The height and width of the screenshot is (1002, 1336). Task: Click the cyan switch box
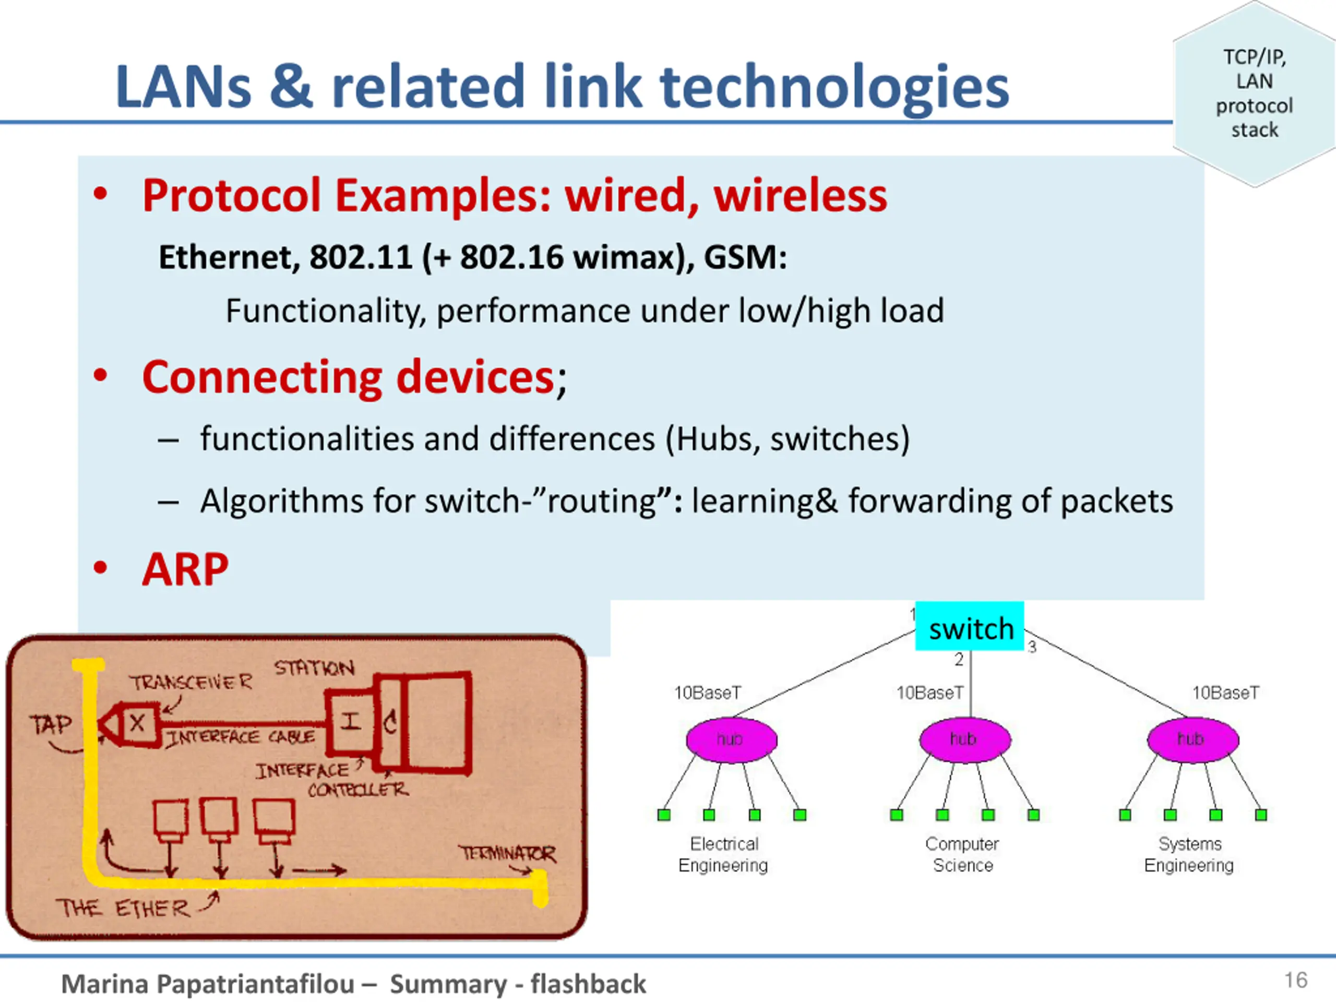point(970,626)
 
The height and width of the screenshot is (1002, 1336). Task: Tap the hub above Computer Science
point(964,740)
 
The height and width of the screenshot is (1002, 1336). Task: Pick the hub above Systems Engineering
point(1193,740)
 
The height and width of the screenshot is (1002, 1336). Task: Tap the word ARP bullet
point(185,569)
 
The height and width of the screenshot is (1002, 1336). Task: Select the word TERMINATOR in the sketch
point(507,853)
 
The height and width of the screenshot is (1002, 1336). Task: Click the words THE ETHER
point(123,908)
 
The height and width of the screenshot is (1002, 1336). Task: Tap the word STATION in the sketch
point(314,668)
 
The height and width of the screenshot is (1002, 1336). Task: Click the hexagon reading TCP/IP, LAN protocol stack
point(1254,93)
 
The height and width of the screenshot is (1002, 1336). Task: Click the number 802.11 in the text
point(361,257)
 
